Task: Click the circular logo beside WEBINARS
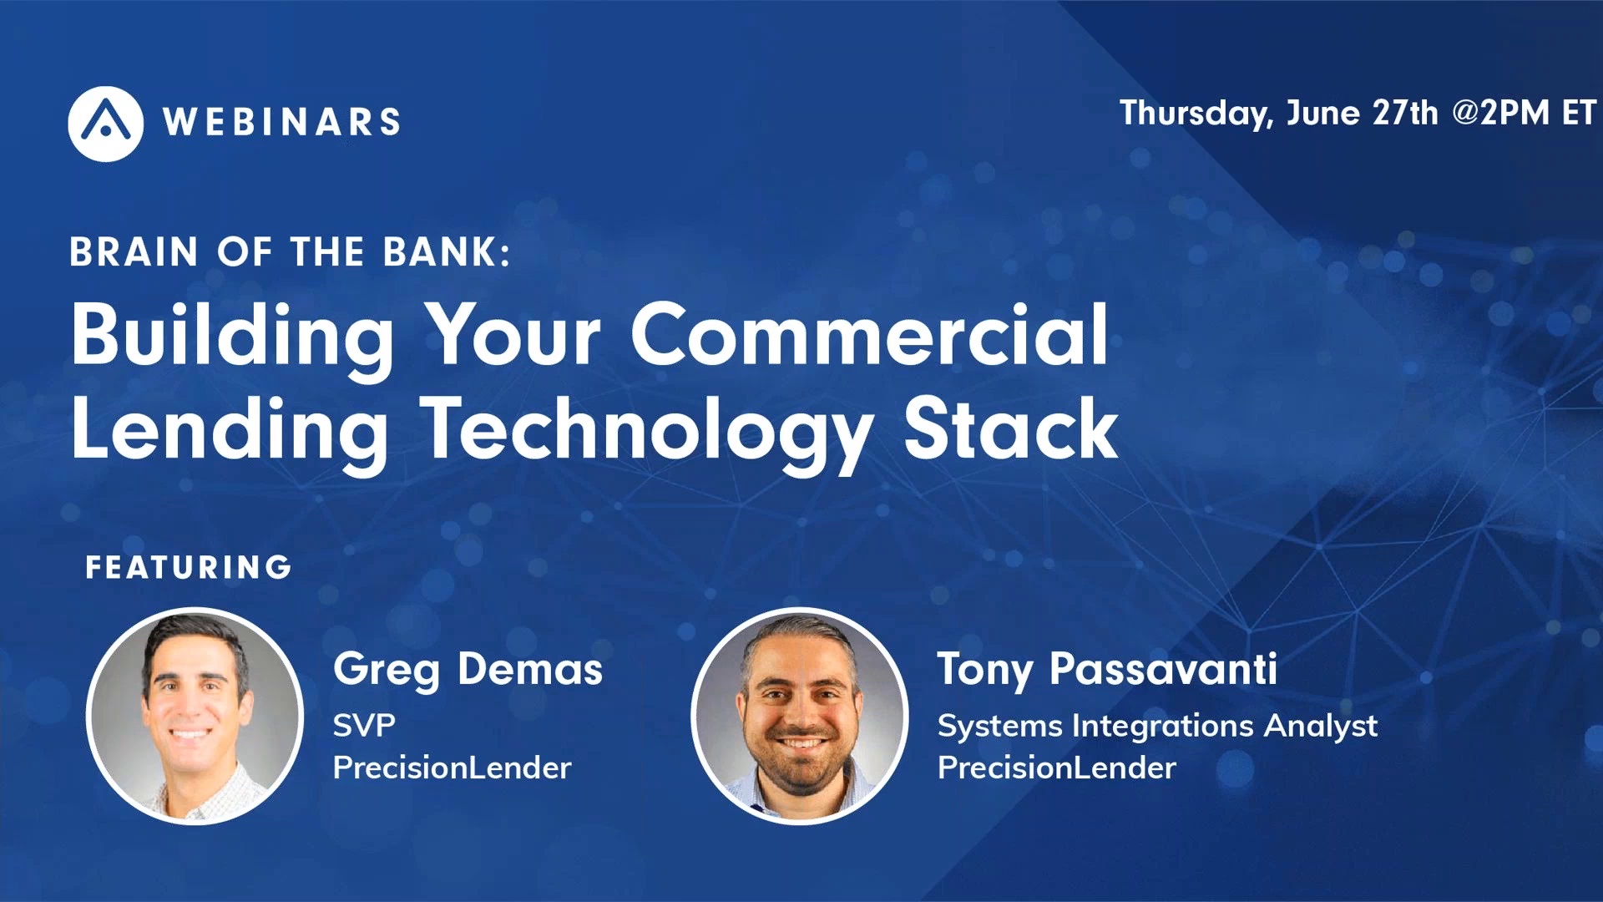(105, 124)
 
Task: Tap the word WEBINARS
(282, 123)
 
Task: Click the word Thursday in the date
(1195, 114)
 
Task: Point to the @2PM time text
(1500, 113)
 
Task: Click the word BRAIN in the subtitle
(134, 252)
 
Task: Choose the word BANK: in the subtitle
(446, 252)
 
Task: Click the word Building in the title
(232, 336)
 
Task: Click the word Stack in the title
(1010, 429)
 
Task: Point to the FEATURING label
(189, 568)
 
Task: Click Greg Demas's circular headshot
(195, 716)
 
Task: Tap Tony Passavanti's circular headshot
(800, 716)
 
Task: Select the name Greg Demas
(468, 670)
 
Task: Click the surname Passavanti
(1163, 670)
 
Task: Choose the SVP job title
(364, 725)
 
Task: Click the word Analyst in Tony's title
(1320, 726)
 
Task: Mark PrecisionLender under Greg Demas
(452, 768)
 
